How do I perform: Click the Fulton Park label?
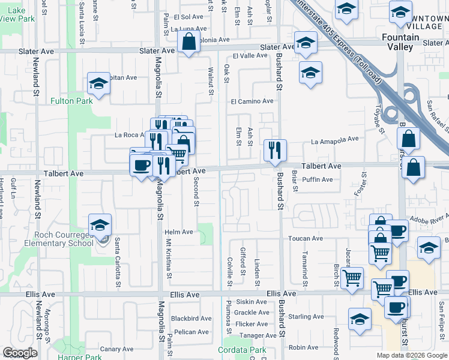pos(71,101)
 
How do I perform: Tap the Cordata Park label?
pos(242,350)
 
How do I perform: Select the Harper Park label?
pos(80,357)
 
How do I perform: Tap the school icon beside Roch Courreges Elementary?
pos(100,226)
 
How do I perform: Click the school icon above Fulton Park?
pos(98,85)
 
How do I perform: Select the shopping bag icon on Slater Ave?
pos(188,42)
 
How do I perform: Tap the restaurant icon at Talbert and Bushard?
pos(275,151)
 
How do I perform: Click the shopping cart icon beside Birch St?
pos(352,277)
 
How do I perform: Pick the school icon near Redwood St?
pos(360,319)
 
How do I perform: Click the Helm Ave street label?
pos(179,232)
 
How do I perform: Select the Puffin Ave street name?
pos(318,179)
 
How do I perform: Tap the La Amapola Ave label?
pos(335,140)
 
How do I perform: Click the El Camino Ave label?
pos(253,101)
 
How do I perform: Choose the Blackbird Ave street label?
pos(191,319)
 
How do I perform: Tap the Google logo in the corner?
pos(20,353)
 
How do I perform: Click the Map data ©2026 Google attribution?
pos(411,355)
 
